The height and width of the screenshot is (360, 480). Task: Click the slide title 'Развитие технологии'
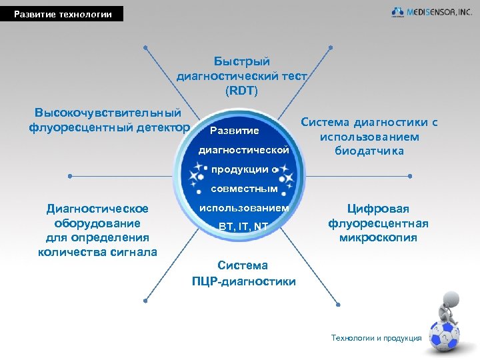tap(63, 14)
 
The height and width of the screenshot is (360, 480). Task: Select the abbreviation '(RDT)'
tap(241, 89)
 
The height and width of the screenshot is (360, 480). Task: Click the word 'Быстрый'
tap(241, 61)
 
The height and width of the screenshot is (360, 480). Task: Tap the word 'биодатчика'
tap(369, 151)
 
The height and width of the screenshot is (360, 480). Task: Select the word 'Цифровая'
tap(378, 209)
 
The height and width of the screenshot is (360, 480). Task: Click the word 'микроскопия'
tap(378, 238)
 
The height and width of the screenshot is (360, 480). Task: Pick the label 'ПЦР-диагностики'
tap(243, 281)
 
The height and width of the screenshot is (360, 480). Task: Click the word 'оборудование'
tap(97, 223)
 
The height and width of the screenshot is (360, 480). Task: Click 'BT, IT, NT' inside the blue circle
tap(243, 227)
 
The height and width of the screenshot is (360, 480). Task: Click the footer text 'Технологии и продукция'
tap(376, 338)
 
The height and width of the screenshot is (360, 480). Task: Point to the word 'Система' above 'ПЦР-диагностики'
tap(243, 266)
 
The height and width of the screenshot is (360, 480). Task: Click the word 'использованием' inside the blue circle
tap(244, 209)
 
